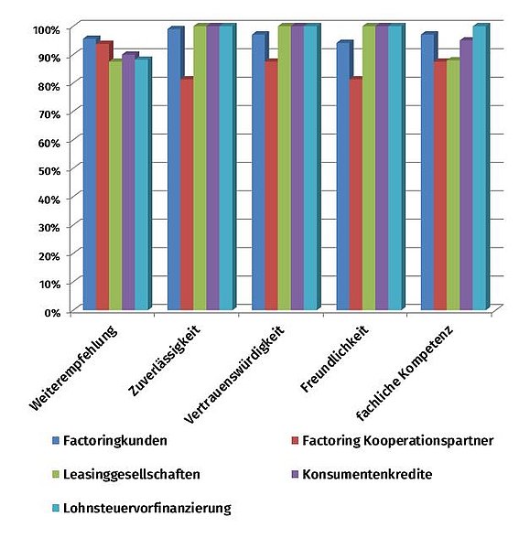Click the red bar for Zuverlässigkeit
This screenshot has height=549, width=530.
(187, 194)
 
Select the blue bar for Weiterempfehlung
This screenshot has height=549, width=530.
(90, 173)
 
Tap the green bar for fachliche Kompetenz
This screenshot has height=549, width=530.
(453, 185)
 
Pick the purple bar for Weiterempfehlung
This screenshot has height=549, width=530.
(129, 181)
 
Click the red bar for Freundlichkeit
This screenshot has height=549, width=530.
(356, 194)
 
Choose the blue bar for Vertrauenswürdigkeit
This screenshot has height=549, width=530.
(259, 171)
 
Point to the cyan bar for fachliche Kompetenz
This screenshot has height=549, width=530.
(481, 167)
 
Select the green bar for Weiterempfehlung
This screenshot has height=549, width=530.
(115, 185)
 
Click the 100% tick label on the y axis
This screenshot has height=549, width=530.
(47, 30)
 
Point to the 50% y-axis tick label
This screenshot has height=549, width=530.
(49, 171)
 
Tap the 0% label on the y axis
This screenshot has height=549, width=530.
(52, 313)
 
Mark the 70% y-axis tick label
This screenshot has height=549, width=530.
(49, 114)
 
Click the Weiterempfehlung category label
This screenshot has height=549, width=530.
(73, 369)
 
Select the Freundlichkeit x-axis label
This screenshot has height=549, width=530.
(334, 359)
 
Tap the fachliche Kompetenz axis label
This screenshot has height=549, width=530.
(405, 373)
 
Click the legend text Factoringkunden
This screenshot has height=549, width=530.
(115, 440)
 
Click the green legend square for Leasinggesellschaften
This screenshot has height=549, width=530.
(56, 474)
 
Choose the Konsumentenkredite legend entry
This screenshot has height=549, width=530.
(362, 474)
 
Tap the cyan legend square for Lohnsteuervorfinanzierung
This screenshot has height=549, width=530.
(56, 508)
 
